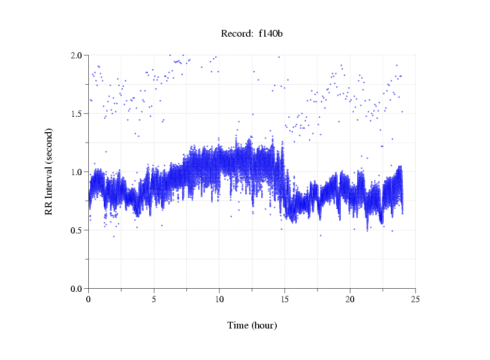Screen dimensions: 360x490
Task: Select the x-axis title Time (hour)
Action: tap(252, 325)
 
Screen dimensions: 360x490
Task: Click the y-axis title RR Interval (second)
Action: tap(49, 171)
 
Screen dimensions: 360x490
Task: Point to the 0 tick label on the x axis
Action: tap(88, 299)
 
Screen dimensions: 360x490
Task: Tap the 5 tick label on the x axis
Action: tap(154, 299)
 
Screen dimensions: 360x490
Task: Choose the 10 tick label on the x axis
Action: tap(219, 299)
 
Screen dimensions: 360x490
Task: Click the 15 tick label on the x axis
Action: tap(284, 299)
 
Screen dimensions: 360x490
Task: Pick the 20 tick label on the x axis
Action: tap(350, 299)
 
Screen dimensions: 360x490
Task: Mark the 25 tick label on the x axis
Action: tap(415, 299)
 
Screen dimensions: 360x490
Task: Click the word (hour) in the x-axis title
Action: tap(264, 325)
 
